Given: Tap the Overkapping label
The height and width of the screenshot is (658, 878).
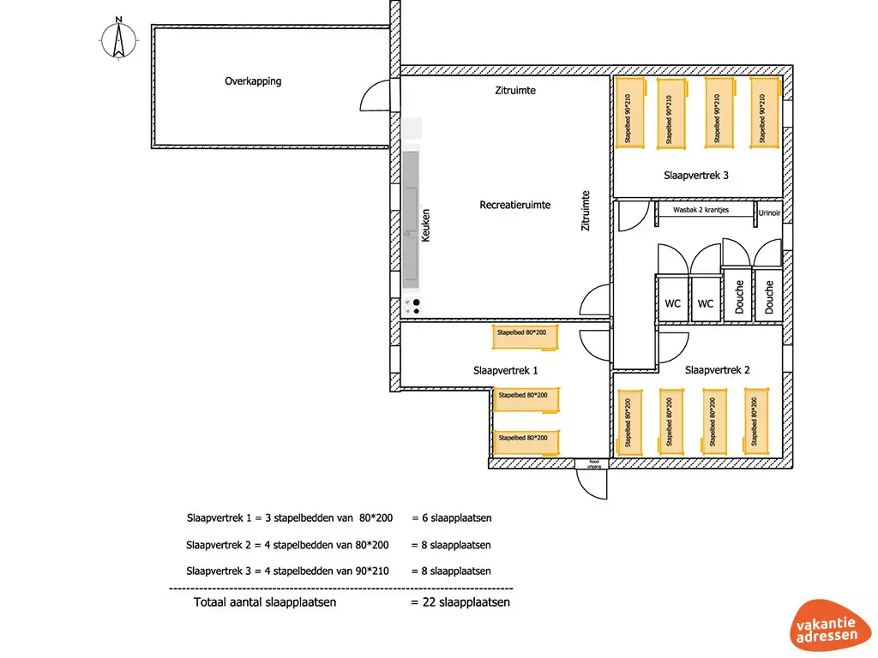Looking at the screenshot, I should (253, 82).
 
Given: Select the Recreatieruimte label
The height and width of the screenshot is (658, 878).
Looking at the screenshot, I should (514, 206).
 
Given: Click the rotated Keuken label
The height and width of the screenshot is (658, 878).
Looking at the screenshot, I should (425, 224).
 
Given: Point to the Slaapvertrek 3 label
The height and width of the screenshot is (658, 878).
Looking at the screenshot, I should (696, 176).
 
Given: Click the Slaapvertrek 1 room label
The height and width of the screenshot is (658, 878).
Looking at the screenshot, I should (506, 371).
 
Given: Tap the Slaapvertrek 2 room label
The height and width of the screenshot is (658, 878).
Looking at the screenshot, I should (718, 370).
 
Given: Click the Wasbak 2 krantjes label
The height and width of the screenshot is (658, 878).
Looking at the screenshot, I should (701, 209).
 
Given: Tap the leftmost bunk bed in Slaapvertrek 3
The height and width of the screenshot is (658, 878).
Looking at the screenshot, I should (631, 113).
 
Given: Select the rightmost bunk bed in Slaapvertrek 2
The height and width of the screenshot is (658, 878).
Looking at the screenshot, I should (755, 422).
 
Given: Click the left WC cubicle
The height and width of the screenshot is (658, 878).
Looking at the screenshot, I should (673, 300).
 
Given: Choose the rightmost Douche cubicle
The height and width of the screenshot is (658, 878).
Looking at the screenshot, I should (769, 296).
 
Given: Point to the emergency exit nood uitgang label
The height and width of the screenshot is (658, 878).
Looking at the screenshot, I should (592, 464).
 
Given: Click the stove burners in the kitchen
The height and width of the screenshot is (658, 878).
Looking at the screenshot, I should (415, 307).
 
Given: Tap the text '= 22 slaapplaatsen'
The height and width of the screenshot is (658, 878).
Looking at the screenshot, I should (460, 602).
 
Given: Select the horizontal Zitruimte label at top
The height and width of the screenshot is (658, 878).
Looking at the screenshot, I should (515, 91).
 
